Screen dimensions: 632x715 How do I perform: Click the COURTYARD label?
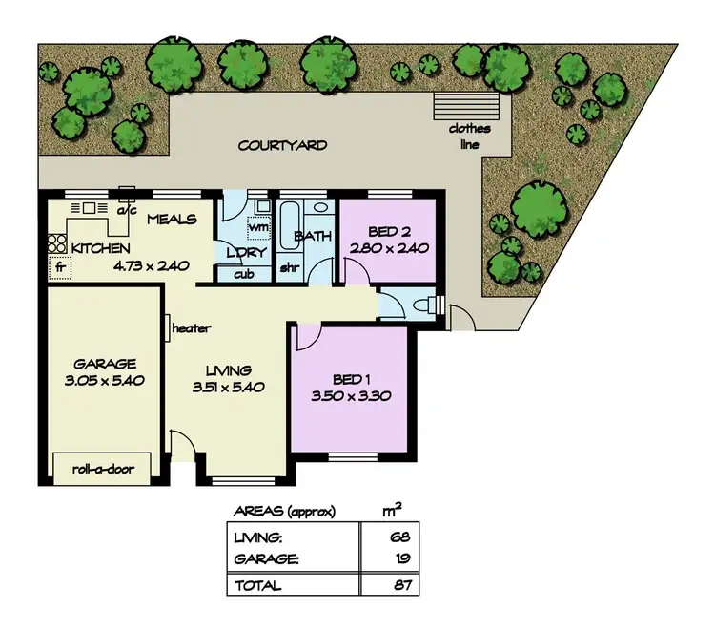[282, 146]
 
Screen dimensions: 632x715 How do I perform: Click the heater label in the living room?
[191, 328]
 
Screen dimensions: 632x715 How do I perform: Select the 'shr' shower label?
[289, 268]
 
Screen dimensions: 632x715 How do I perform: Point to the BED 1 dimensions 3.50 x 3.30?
[353, 395]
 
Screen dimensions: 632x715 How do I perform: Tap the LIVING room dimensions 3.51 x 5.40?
[227, 388]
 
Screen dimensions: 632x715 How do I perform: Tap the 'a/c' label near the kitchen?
[124, 209]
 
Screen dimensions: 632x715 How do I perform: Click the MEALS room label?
[172, 220]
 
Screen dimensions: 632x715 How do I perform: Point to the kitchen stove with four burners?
[55, 242]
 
